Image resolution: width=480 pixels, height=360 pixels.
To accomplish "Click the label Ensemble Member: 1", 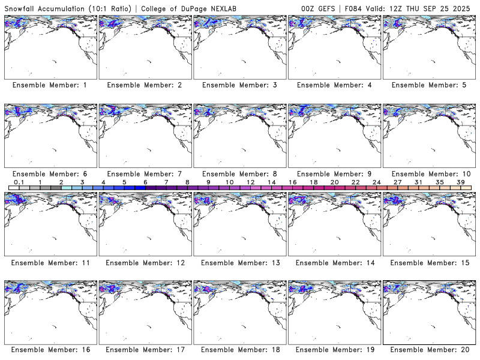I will [x=50, y=85].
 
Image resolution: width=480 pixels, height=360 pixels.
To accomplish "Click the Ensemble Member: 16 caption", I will [x=50, y=350].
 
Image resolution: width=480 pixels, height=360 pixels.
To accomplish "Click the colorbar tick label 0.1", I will [x=19, y=182].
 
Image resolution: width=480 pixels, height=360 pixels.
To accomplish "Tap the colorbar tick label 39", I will [x=461, y=182].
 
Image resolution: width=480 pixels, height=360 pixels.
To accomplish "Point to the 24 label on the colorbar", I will [x=377, y=182].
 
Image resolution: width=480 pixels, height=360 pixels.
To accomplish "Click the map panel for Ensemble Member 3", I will [x=239, y=46].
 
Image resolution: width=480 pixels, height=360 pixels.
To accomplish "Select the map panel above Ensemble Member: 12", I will [x=145, y=223].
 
